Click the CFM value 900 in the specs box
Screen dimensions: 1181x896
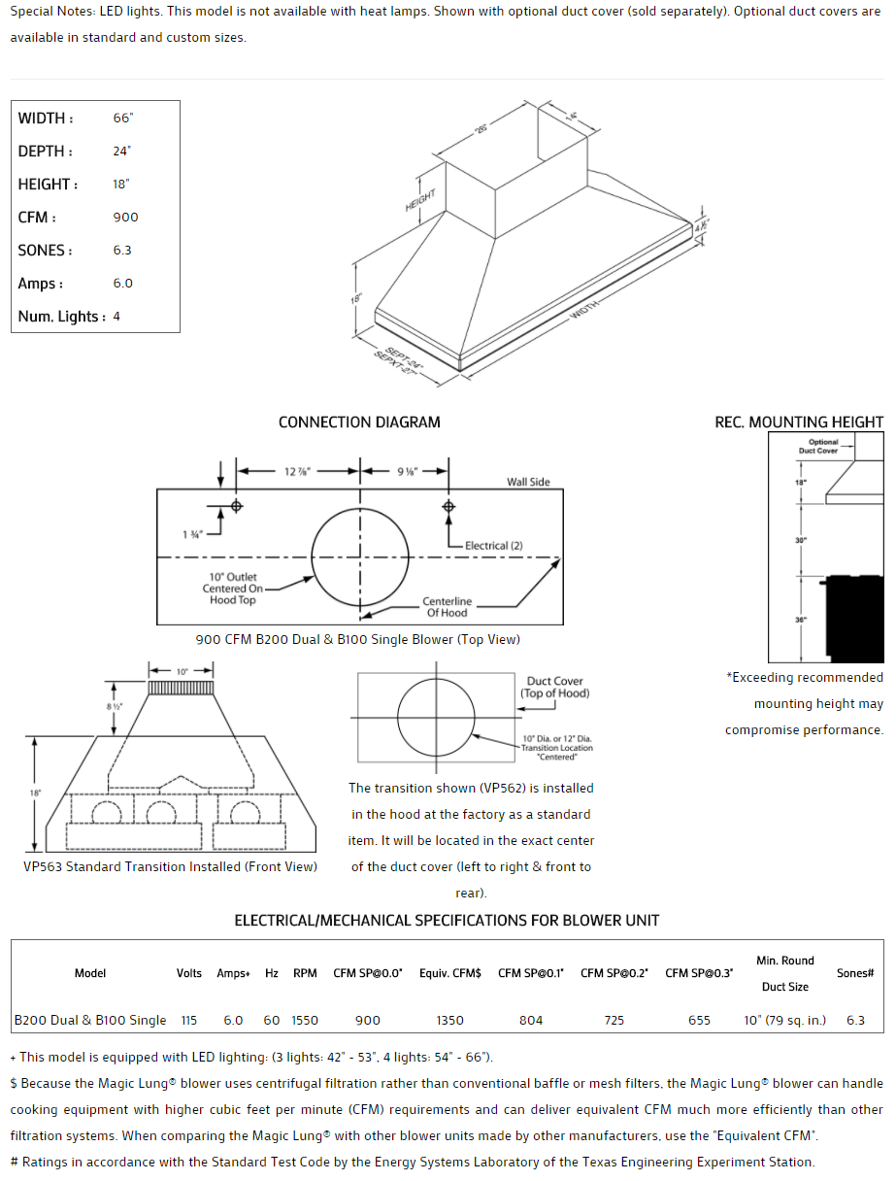[125, 218]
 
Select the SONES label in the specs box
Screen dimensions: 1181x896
[45, 251]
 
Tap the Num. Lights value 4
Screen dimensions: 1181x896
[116, 317]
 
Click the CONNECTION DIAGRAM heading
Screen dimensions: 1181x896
[359, 422]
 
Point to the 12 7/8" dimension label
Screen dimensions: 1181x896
[297, 472]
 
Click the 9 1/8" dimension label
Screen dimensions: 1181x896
[407, 472]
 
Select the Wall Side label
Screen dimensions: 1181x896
[528, 482]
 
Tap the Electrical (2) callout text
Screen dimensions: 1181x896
[493, 546]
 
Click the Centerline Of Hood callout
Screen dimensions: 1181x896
[447, 607]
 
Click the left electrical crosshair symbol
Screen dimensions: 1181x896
[236, 506]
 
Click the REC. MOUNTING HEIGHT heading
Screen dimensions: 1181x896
[799, 422]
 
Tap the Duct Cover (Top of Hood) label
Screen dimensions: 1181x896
[554, 688]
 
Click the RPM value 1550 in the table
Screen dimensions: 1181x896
[304, 1021]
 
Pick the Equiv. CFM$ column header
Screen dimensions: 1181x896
[450, 973]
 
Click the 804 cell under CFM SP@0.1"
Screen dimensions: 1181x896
[531, 1021]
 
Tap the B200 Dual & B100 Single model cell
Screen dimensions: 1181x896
[90, 1021]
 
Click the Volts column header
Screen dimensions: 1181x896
[189, 973]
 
